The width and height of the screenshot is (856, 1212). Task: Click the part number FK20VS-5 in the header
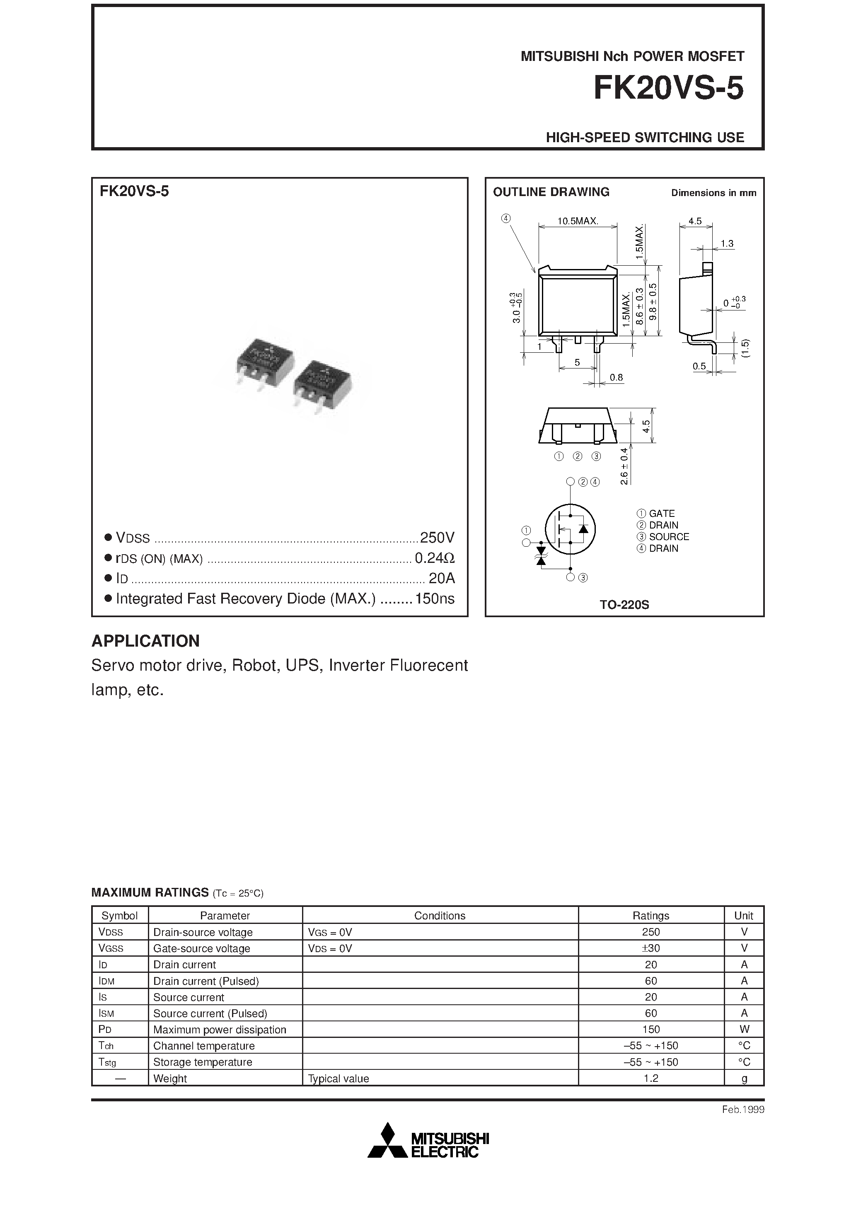(x=668, y=88)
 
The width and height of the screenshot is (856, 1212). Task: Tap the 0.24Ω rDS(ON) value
(x=434, y=558)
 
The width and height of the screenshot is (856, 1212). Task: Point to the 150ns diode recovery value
(x=434, y=599)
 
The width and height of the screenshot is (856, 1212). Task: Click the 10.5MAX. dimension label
(x=577, y=221)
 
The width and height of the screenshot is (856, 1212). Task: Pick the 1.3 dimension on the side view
(x=727, y=243)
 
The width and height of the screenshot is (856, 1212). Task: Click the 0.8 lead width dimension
(x=616, y=378)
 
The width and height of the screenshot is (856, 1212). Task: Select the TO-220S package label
(x=624, y=605)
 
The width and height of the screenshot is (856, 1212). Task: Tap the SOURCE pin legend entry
(x=669, y=537)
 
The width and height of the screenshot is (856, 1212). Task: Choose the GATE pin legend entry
(x=661, y=514)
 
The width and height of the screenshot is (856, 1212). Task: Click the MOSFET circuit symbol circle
(x=570, y=529)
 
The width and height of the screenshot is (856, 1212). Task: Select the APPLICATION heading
(x=146, y=641)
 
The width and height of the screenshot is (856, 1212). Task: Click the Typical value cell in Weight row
(x=338, y=1079)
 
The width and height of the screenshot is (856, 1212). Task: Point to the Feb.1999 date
(x=742, y=1110)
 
